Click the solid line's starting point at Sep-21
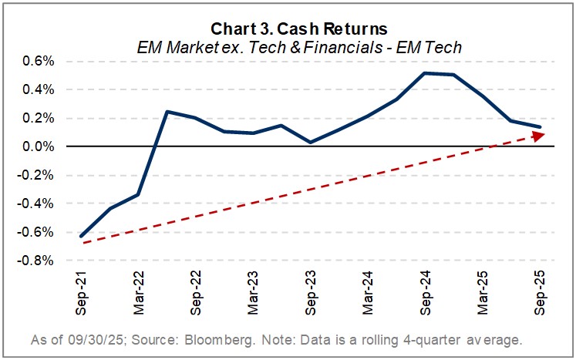click(x=82, y=236)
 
